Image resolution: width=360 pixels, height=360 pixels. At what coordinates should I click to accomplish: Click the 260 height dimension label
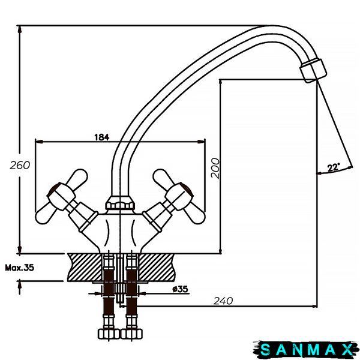20,165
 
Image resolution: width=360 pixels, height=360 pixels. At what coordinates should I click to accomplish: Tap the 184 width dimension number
102,137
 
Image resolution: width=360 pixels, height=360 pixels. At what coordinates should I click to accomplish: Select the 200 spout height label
215,168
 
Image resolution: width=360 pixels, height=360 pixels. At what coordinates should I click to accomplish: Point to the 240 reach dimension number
223,301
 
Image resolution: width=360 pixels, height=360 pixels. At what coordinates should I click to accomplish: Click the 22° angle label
334,167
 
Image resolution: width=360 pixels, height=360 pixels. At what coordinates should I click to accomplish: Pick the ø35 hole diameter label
180,289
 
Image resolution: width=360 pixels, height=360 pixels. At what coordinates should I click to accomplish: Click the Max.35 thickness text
20,268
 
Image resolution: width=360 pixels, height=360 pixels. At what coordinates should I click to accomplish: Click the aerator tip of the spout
313,70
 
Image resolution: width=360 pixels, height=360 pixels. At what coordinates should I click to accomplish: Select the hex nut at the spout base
120,203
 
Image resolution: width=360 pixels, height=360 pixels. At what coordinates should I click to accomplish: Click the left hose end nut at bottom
109,334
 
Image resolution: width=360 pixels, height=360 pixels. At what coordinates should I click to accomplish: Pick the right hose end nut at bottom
131,334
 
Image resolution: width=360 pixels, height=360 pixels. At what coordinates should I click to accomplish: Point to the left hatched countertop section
85,267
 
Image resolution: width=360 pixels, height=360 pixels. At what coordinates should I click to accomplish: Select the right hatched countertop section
157,267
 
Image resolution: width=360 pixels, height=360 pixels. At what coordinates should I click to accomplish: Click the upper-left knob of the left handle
79,177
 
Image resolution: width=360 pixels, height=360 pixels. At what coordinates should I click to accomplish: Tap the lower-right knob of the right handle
196,215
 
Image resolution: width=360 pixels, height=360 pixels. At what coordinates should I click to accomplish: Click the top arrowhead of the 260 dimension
20,29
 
